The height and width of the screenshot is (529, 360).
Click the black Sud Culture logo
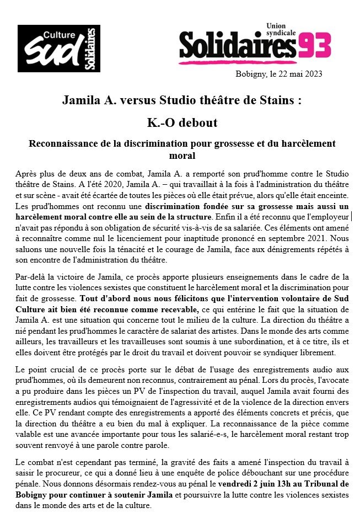coord(59,48)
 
